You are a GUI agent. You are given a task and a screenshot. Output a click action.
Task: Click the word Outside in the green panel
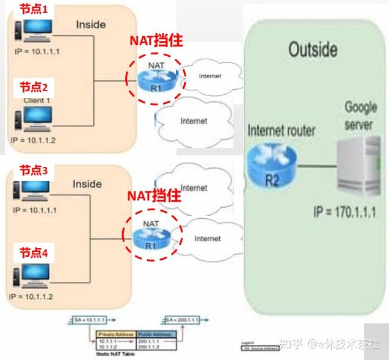coord(313,50)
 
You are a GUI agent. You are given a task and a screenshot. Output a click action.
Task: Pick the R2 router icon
coord(272,161)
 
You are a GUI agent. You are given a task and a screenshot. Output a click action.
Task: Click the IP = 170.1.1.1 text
coord(344,213)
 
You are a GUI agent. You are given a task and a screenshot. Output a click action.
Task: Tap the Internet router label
coord(282,130)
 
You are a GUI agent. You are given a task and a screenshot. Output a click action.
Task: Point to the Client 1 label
coord(37,100)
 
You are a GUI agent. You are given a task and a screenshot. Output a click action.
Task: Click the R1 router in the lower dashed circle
coord(151,239)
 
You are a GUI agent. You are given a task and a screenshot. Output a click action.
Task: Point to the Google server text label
coord(360,115)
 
